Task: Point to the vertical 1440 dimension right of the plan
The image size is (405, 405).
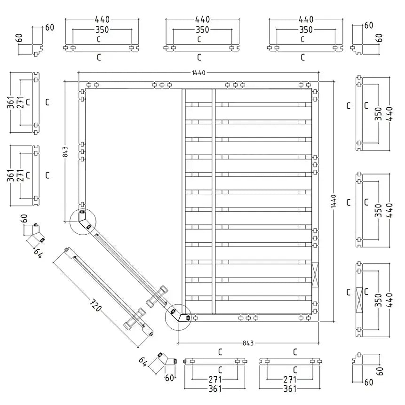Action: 333,202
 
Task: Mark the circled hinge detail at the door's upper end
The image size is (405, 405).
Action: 83,220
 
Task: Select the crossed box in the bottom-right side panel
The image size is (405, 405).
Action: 359,300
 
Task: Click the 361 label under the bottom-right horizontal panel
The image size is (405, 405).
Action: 290,389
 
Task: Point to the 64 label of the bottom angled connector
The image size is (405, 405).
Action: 143,362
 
